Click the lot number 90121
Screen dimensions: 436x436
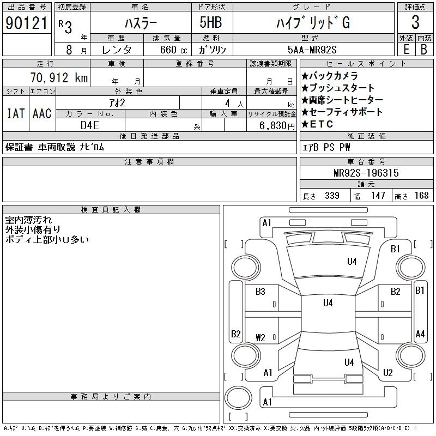pyautogui.click(x=26, y=22)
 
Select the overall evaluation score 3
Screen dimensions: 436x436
pyautogui.click(x=415, y=22)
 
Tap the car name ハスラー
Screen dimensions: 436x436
pyautogui.click(x=140, y=22)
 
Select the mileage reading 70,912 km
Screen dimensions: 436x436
pyautogui.click(x=60, y=77)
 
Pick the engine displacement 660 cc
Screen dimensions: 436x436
pyautogui.click(x=170, y=50)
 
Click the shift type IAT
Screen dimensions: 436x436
pyautogui.click(x=15, y=113)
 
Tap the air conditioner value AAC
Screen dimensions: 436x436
pyautogui.click(x=42, y=113)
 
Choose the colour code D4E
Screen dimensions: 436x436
pyautogui.click(x=90, y=125)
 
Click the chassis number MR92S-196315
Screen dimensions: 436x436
pyautogui.click(x=366, y=173)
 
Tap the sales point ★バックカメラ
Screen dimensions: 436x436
pyautogui.click(x=329, y=76)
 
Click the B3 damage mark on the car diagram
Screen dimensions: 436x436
pyautogui.click(x=261, y=292)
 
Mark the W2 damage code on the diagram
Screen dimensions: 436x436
pyautogui.click(x=261, y=337)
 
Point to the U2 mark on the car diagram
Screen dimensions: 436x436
pyautogui.click(x=387, y=373)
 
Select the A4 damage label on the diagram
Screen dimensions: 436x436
pyautogui.click(x=420, y=334)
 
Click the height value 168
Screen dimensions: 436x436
pyautogui.click(x=421, y=196)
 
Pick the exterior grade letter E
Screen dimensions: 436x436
pyautogui.click(x=406, y=50)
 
